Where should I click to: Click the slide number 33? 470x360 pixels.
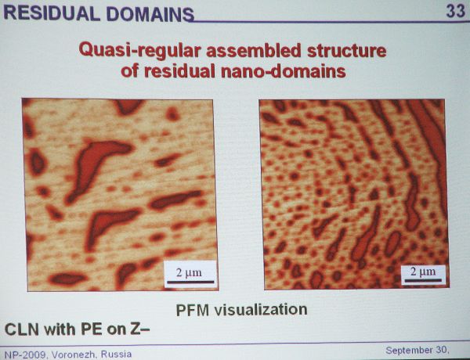(x=456, y=12)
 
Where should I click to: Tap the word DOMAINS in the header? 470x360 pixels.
(x=150, y=14)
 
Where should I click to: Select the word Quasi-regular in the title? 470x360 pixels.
(x=139, y=51)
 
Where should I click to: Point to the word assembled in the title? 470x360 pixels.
(x=253, y=50)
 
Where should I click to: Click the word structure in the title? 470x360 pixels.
(x=347, y=51)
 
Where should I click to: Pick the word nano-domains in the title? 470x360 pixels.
(x=284, y=71)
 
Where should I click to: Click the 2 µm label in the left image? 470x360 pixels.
(x=189, y=272)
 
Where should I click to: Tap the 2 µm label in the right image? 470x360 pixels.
(x=423, y=272)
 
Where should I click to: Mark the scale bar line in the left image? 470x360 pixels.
(x=190, y=282)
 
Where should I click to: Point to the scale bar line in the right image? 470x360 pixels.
(x=423, y=281)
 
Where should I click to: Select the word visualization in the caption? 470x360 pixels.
(x=261, y=309)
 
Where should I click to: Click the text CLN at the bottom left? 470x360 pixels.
(x=22, y=329)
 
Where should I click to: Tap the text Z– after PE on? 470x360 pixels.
(x=139, y=329)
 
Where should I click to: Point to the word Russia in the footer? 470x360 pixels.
(x=116, y=355)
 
